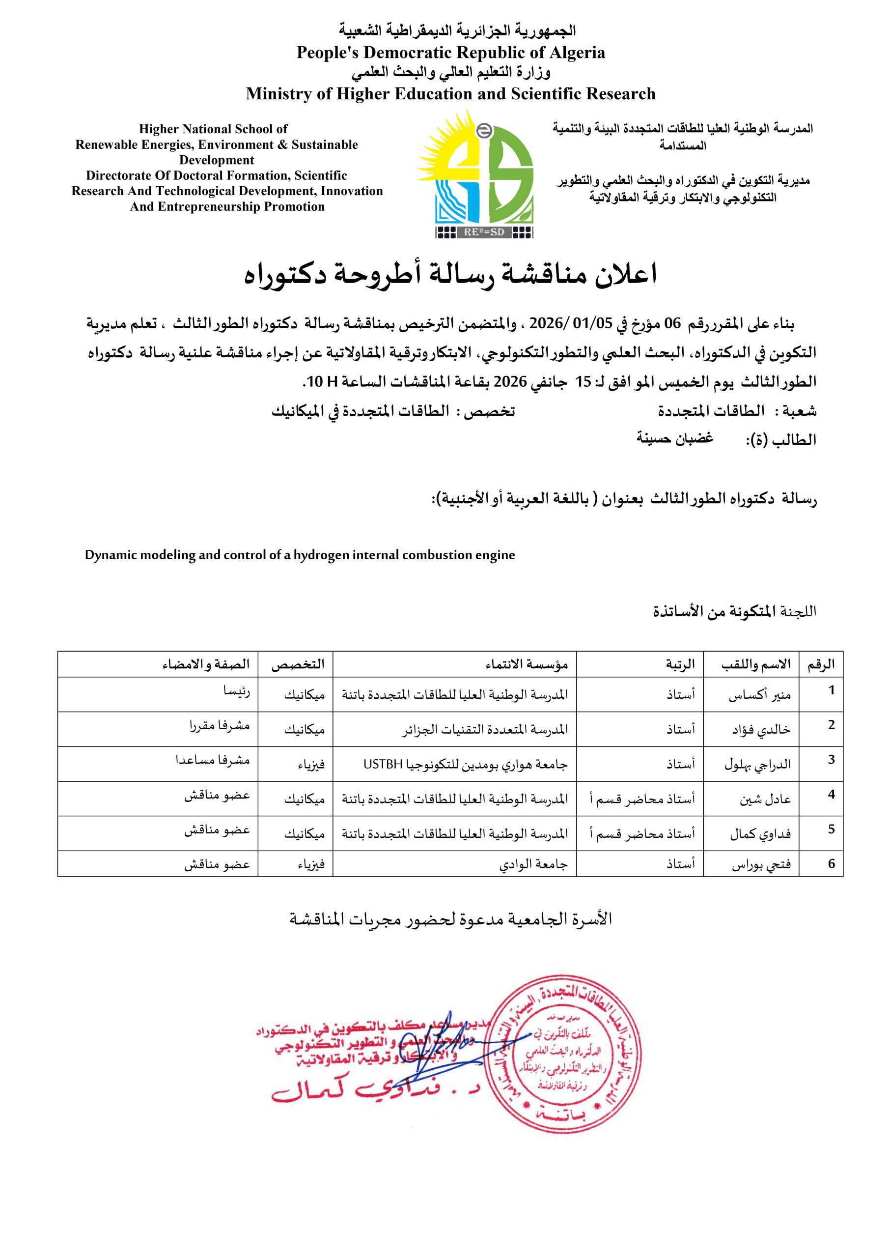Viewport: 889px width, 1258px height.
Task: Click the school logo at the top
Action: [x=475, y=174]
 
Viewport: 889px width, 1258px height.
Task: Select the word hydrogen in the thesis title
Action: [x=317, y=555]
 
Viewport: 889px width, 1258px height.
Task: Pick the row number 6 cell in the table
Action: [x=831, y=863]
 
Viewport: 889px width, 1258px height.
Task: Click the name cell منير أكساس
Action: [x=759, y=695]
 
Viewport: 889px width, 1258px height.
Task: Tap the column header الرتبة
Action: [x=680, y=664]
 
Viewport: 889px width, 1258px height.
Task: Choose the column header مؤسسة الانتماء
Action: [x=527, y=664]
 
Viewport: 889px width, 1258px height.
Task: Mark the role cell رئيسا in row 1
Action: [x=236, y=691]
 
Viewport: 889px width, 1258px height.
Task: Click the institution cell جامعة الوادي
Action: [x=533, y=864]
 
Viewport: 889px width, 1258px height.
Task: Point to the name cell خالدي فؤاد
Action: [x=761, y=730]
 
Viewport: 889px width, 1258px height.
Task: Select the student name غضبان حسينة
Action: [x=674, y=438]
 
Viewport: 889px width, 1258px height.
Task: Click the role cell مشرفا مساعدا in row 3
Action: [x=213, y=760]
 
